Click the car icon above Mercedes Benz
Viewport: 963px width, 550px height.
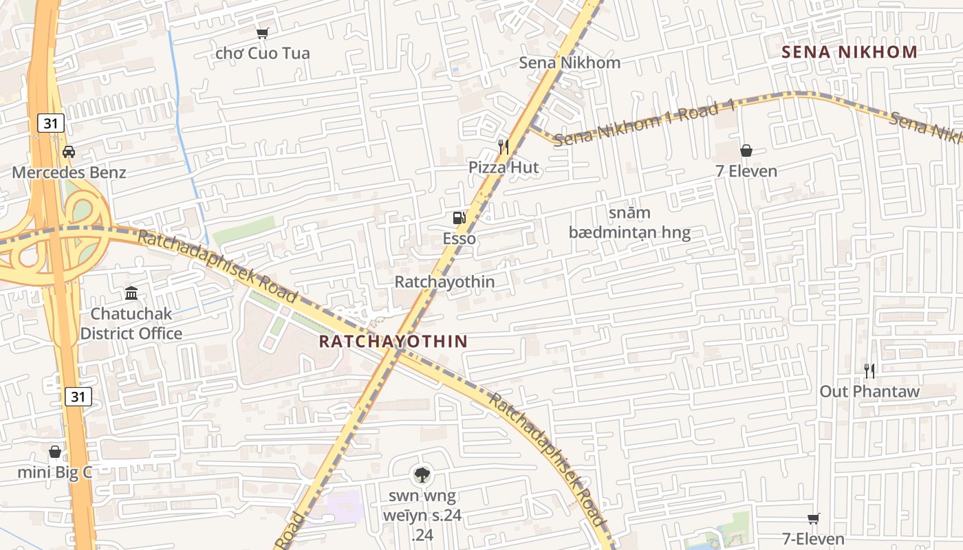[x=69, y=152]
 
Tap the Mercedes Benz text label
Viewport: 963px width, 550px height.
[x=69, y=172]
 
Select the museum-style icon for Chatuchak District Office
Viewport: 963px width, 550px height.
[x=131, y=294]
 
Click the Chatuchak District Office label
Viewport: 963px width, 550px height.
[x=131, y=324]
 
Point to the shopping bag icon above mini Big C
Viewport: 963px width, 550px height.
[x=55, y=452]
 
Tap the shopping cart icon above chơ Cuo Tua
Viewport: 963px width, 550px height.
[x=262, y=33]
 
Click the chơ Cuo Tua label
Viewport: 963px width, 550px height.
[x=263, y=53]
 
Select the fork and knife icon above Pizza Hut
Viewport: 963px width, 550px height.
[x=504, y=146]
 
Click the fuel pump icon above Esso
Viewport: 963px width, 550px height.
[x=459, y=218]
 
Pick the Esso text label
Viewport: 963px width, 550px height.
[x=459, y=239]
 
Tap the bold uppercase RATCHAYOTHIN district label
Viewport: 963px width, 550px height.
[x=393, y=341]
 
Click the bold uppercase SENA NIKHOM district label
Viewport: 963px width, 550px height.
[x=849, y=52]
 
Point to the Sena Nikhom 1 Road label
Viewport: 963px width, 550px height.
[x=645, y=124]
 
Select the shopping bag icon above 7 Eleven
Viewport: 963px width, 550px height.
[x=746, y=151]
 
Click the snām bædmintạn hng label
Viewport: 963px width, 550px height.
[x=629, y=223]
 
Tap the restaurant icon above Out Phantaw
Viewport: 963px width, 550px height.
[x=869, y=371]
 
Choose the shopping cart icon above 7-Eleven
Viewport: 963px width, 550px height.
[x=813, y=518]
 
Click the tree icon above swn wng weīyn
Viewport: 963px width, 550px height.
[x=422, y=474]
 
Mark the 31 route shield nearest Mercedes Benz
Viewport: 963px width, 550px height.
[x=50, y=123]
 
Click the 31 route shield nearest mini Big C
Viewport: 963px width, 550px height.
[x=78, y=397]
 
